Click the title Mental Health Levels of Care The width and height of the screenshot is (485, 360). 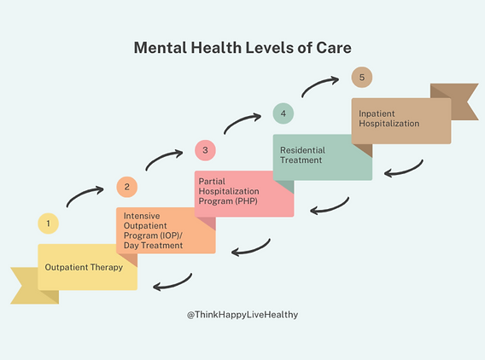pos(242,48)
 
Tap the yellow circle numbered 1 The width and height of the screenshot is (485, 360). pos(49,224)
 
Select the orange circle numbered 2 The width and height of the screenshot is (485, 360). pos(126,188)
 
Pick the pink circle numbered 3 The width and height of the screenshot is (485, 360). pos(205,151)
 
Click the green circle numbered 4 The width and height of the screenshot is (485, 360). pos(283,113)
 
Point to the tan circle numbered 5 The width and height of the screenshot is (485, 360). pos(362,78)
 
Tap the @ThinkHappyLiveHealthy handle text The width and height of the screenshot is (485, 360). pos(242,315)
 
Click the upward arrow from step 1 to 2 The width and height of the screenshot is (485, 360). pos(85,195)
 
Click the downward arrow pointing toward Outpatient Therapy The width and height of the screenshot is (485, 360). pos(173,282)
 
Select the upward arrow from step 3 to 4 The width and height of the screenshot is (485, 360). pos(242,121)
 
